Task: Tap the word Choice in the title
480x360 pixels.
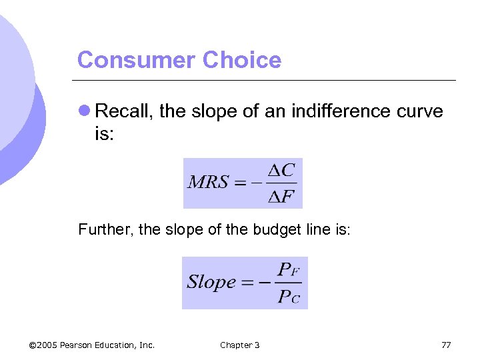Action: (x=242, y=60)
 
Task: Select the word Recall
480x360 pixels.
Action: (x=125, y=111)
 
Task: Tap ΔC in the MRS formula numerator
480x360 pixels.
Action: (x=281, y=171)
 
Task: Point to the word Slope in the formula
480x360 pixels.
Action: (x=212, y=282)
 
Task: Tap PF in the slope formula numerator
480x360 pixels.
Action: (x=288, y=270)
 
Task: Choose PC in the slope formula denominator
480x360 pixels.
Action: (x=288, y=296)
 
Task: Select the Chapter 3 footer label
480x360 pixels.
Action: (x=240, y=345)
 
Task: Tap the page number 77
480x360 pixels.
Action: (x=446, y=345)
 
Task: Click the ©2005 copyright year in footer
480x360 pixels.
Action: (x=43, y=345)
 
